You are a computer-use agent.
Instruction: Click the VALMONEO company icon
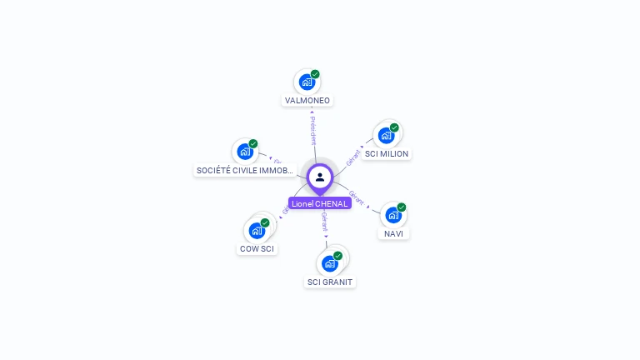pos(307,82)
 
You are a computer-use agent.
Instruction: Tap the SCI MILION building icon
pos(386,135)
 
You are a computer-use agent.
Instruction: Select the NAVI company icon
pos(393,215)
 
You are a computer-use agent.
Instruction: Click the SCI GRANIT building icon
pos(330,263)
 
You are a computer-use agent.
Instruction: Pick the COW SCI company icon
pos(257,230)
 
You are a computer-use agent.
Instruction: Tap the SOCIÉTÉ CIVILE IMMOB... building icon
pos(245,151)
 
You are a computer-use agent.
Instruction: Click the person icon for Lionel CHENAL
pos(320,177)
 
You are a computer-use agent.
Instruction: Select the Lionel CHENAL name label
pos(320,203)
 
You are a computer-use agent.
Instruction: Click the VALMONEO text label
pos(307,101)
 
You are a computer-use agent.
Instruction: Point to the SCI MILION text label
pos(387,154)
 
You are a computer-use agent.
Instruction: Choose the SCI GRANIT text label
pos(331,282)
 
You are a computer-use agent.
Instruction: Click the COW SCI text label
pos(257,249)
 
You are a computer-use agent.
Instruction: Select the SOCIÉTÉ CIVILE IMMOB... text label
pos(245,171)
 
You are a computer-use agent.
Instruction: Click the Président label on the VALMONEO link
pos(312,131)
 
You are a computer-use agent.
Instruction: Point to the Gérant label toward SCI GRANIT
pos(324,223)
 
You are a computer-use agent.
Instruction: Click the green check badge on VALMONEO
pos(315,74)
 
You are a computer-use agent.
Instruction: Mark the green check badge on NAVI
pos(402,207)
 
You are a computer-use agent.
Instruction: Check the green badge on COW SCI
pos(265,222)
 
